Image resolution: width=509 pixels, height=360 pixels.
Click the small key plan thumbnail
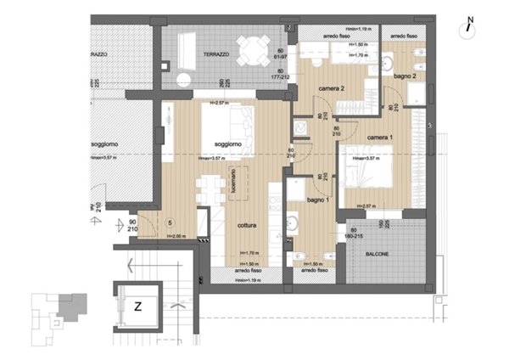pyautogui.click(x=54, y=312)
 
